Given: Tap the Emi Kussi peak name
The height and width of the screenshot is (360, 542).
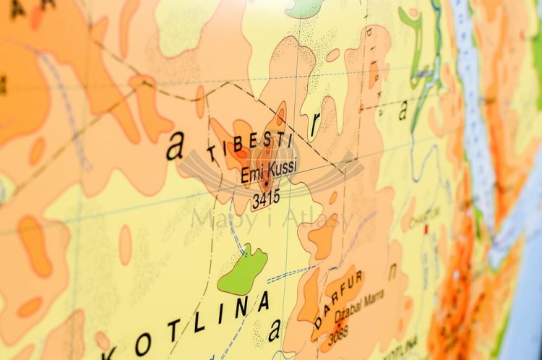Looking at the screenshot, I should (x=268, y=173).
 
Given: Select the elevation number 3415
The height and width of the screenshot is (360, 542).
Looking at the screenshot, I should (x=265, y=199).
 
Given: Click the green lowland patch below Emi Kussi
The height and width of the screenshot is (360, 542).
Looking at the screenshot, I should (x=243, y=270).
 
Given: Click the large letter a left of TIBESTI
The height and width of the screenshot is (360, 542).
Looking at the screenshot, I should (x=175, y=147).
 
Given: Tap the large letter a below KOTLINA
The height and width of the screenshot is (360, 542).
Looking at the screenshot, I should (x=274, y=330).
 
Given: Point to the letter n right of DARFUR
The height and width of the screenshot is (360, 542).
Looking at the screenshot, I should (x=393, y=272).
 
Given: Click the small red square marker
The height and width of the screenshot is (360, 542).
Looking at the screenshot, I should (x=426, y=229).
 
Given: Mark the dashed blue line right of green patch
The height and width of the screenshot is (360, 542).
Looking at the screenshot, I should (x=288, y=274).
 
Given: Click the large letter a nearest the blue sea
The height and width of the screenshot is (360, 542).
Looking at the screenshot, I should (x=403, y=110).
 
